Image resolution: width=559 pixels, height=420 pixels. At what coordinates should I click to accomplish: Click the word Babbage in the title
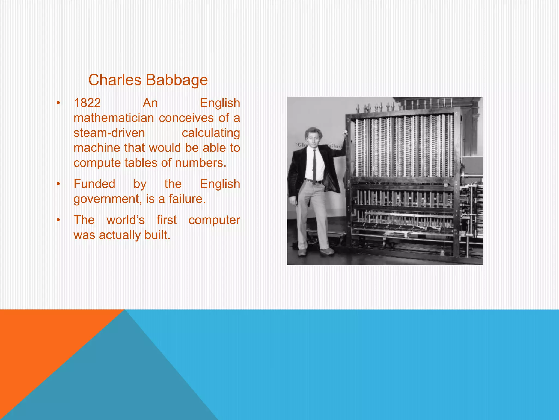point(177,80)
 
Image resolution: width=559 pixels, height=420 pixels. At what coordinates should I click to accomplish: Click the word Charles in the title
point(115,80)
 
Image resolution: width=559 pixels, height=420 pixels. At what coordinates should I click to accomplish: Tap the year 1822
point(87,103)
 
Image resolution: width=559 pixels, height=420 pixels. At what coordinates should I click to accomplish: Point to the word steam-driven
point(109,133)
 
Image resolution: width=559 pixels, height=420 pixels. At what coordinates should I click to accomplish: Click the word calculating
point(211,133)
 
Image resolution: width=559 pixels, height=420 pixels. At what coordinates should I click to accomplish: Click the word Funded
point(94,184)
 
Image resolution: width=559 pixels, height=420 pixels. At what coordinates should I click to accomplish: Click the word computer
point(214,220)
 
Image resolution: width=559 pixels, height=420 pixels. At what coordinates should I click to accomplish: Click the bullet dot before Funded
point(58,184)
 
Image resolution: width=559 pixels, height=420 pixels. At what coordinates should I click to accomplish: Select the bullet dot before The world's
point(58,220)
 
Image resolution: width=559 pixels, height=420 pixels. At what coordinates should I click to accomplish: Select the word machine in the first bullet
point(97,148)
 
